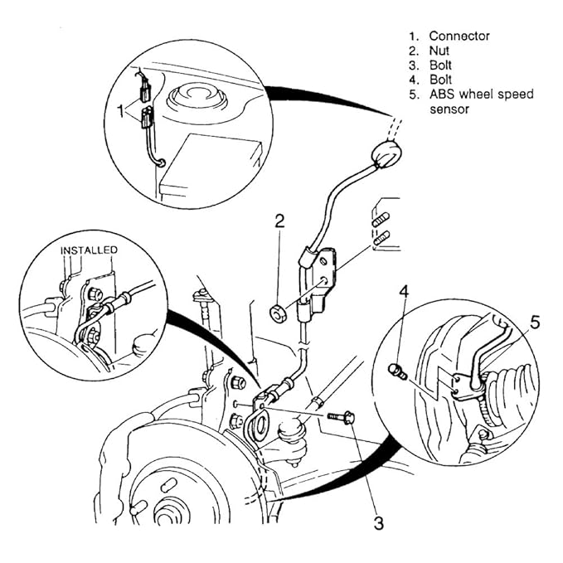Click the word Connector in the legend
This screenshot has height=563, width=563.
[x=459, y=36]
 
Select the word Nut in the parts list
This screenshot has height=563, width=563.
[x=439, y=51]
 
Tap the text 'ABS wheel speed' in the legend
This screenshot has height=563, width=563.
[x=482, y=94]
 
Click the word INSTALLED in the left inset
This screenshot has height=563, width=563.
[x=89, y=250]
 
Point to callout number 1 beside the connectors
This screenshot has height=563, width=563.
[x=122, y=110]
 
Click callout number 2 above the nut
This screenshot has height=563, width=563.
[x=279, y=221]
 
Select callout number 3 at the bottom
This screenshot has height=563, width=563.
[x=379, y=523]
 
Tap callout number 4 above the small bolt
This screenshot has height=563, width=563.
[x=405, y=292]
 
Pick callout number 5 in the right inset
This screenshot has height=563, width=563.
[x=535, y=323]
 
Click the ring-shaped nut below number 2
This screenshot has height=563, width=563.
[x=277, y=313]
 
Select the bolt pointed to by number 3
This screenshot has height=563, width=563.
[x=342, y=417]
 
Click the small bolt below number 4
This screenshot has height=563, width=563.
[x=397, y=371]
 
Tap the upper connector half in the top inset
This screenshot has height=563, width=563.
[x=144, y=92]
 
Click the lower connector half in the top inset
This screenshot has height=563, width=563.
[x=146, y=118]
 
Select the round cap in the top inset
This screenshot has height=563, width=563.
[x=197, y=95]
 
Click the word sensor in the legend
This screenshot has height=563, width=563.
[x=449, y=109]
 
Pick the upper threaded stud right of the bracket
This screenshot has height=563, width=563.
[x=381, y=221]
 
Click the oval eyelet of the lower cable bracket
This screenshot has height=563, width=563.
[x=260, y=426]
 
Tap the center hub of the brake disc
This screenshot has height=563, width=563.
[x=166, y=517]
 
